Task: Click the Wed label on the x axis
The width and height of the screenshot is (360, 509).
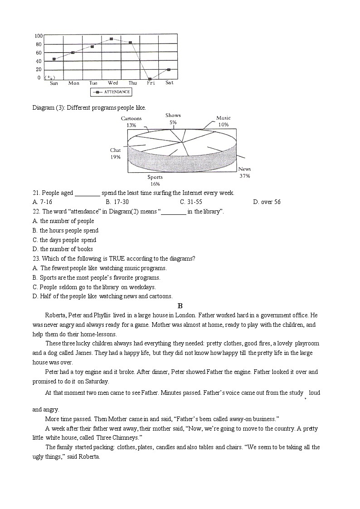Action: coord(113,83)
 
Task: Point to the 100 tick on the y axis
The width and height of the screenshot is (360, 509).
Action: coord(39,36)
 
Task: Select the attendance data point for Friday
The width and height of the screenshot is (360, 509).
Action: coord(150,79)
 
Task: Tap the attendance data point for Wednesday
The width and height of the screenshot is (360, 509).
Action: coord(112,39)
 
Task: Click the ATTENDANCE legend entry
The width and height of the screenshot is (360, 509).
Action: coord(111,92)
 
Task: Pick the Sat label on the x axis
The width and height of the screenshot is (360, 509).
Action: coord(169,82)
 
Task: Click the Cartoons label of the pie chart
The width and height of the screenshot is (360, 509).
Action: coord(131,119)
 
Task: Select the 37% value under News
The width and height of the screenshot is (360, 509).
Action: coord(244,176)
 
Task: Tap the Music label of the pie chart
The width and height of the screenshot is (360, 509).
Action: coord(224,118)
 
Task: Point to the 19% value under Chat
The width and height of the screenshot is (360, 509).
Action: coord(115,157)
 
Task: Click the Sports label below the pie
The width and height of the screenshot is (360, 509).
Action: coord(155,177)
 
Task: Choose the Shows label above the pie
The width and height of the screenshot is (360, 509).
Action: coord(173,116)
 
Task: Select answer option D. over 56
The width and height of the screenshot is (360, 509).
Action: coord(267,202)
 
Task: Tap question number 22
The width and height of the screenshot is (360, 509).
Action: coord(36,212)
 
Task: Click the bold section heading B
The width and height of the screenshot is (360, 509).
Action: coord(180,306)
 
